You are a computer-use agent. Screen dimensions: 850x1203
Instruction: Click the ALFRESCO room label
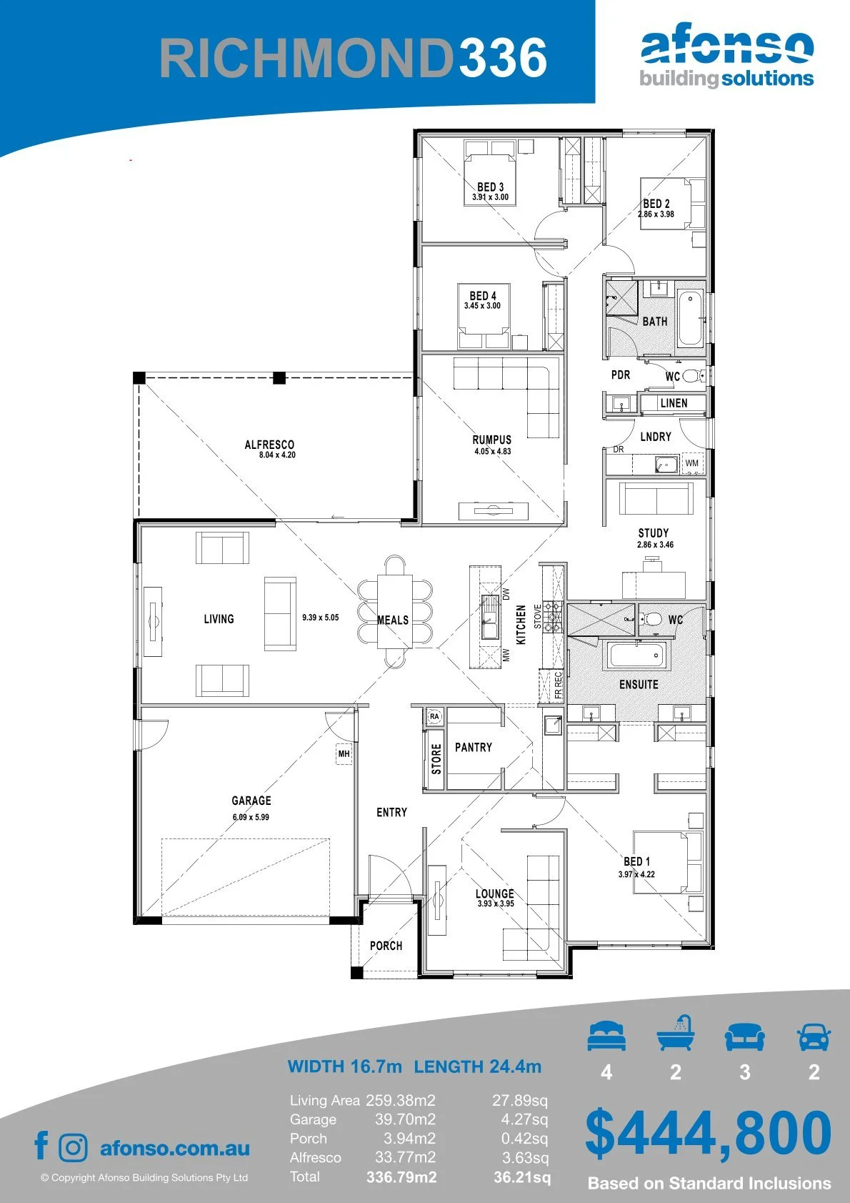pos(269,445)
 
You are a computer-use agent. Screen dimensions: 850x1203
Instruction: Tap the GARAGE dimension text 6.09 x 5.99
pos(251,817)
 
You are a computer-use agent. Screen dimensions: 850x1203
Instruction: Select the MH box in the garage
pos(344,754)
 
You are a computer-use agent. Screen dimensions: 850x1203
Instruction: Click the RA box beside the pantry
pos(434,716)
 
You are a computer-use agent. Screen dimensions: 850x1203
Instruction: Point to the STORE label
pos(436,759)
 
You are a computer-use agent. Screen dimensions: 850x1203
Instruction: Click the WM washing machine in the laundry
pos(691,463)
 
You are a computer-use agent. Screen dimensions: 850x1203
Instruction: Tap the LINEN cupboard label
pos(674,403)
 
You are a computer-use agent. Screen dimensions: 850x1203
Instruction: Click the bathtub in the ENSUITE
pos(637,655)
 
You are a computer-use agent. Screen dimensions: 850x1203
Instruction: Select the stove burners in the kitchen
pos(553,617)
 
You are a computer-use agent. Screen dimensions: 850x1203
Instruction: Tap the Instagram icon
pos(73,1148)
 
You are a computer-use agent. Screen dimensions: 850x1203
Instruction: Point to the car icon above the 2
pos(814,1036)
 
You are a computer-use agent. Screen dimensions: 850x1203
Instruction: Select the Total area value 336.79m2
pos(401,1177)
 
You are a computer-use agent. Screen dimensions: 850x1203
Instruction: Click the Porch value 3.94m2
pos(409,1138)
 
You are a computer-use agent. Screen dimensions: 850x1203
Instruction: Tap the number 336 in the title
pos(503,57)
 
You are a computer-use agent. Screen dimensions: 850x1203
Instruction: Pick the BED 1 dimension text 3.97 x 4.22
pos(636,873)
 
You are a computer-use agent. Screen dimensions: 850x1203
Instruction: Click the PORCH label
pos(386,945)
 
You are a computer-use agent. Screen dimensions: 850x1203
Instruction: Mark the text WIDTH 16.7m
pos(344,1066)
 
